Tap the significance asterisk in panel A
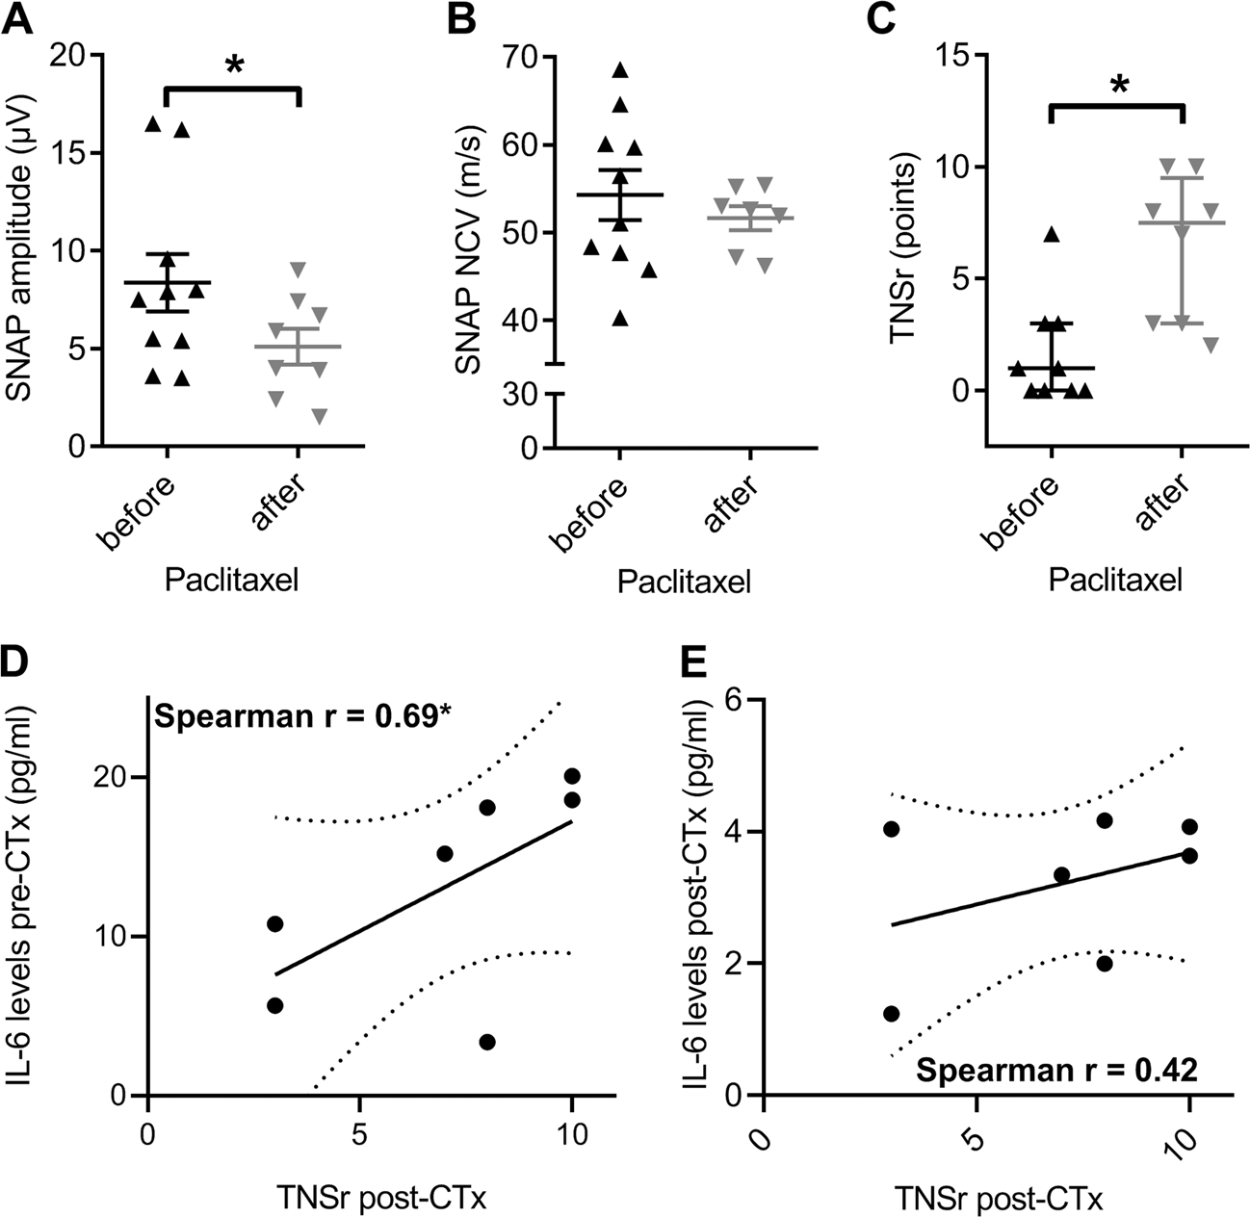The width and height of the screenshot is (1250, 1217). pos(233,66)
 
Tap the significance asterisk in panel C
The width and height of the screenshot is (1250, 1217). pos(1117,86)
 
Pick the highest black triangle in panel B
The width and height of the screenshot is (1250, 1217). pos(620,69)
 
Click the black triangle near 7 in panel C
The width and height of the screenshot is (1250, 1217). pos(1052,234)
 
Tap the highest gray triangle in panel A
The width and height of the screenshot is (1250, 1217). pos(299,269)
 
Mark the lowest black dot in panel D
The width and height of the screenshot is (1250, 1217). pos(487,1042)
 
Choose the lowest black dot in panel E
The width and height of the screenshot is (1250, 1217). pos(891,1013)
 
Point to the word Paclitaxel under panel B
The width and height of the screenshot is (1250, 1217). pos(684,583)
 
